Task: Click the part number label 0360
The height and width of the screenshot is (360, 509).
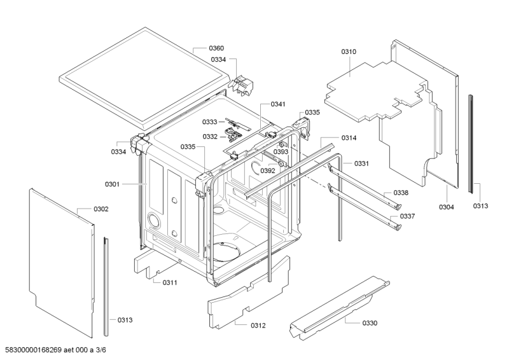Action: click(x=217, y=48)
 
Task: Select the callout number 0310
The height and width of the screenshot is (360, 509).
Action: click(x=349, y=51)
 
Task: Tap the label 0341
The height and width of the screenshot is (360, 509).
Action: click(x=278, y=104)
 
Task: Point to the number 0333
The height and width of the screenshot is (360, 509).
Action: click(x=210, y=121)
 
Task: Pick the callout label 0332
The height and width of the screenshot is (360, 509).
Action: click(x=210, y=137)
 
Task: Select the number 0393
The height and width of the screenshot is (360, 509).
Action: click(x=281, y=152)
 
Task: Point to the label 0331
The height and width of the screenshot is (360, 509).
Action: click(x=362, y=163)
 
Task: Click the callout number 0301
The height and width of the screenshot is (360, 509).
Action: click(x=112, y=184)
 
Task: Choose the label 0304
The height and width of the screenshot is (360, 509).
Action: click(x=447, y=207)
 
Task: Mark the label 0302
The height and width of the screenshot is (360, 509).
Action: click(x=101, y=209)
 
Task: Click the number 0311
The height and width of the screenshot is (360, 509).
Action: click(x=170, y=282)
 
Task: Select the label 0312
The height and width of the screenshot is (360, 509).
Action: click(x=258, y=326)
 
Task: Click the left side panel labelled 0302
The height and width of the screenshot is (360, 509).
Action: click(x=60, y=254)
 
